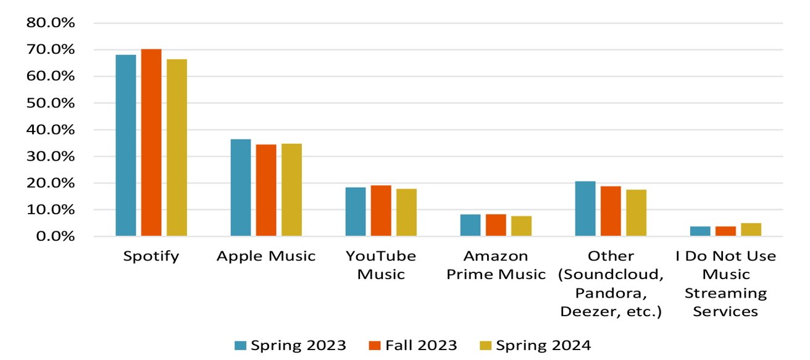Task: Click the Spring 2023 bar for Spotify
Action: (x=126, y=145)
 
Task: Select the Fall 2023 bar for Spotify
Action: (x=151, y=143)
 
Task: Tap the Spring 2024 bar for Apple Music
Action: (x=291, y=190)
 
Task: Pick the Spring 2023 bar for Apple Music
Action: (x=241, y=188)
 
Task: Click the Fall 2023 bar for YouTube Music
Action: (x=381, y=211)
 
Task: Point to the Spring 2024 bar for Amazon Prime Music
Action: (x=521, y=226)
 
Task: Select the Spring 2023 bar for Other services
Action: (x=585, y=209)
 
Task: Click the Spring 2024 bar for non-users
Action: (x=751, y=230)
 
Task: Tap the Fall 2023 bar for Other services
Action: (x=611, y=211)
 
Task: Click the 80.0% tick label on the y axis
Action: (x=50, y=23)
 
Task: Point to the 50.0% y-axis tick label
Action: (x=50, y=103)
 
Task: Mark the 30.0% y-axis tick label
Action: (x=50, y=157)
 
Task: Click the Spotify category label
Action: (x=151, y=256)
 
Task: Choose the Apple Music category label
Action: (x=266, y=256)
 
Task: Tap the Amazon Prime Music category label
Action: (x=496, y=265)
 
